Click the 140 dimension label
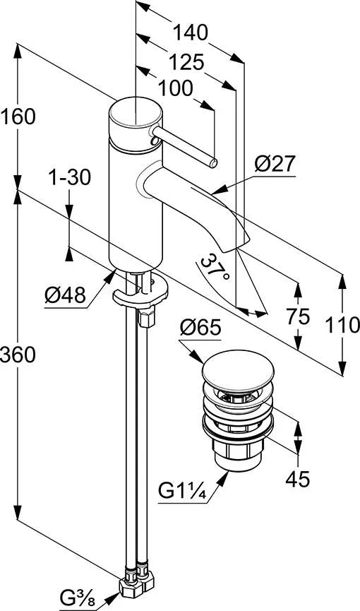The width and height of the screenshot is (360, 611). point(190,32)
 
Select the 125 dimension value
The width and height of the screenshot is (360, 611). point(186,62)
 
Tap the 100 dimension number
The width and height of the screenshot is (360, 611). point(175,88)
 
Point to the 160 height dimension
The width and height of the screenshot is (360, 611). point(18,117)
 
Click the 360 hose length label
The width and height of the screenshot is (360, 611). point(18,355)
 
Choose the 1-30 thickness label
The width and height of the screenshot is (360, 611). point(69,178)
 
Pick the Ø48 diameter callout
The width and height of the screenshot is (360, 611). point(65,296)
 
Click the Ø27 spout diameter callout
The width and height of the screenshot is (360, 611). point(275,164)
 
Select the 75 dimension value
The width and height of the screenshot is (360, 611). point(298,316)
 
